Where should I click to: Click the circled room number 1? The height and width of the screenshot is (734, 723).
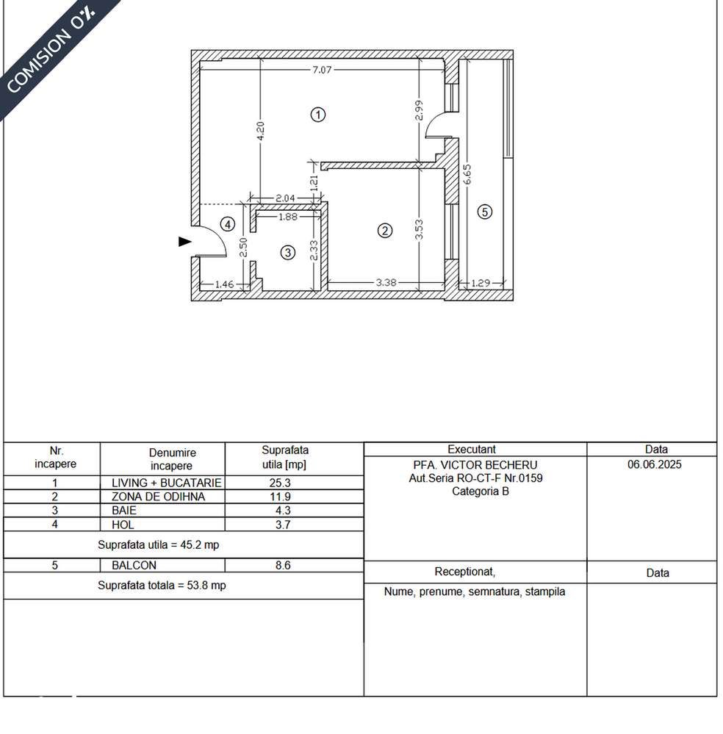317,115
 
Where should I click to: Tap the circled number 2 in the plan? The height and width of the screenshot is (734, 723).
384,231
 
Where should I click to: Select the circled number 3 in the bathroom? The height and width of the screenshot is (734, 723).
288,252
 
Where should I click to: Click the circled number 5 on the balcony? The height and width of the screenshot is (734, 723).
483,212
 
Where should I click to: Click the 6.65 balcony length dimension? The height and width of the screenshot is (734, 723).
468,176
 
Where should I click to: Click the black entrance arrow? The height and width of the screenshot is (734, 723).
184,241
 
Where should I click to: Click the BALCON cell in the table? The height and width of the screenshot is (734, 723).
134,566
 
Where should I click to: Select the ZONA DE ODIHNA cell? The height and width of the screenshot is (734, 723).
158,497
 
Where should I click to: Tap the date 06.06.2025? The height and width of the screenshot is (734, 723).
654,465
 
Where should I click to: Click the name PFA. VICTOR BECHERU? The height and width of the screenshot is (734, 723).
475,465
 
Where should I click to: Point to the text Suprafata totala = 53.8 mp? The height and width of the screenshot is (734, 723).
162,586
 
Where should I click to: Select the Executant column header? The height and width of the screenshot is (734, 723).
472,449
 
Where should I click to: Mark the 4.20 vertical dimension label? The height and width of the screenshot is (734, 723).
261,132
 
